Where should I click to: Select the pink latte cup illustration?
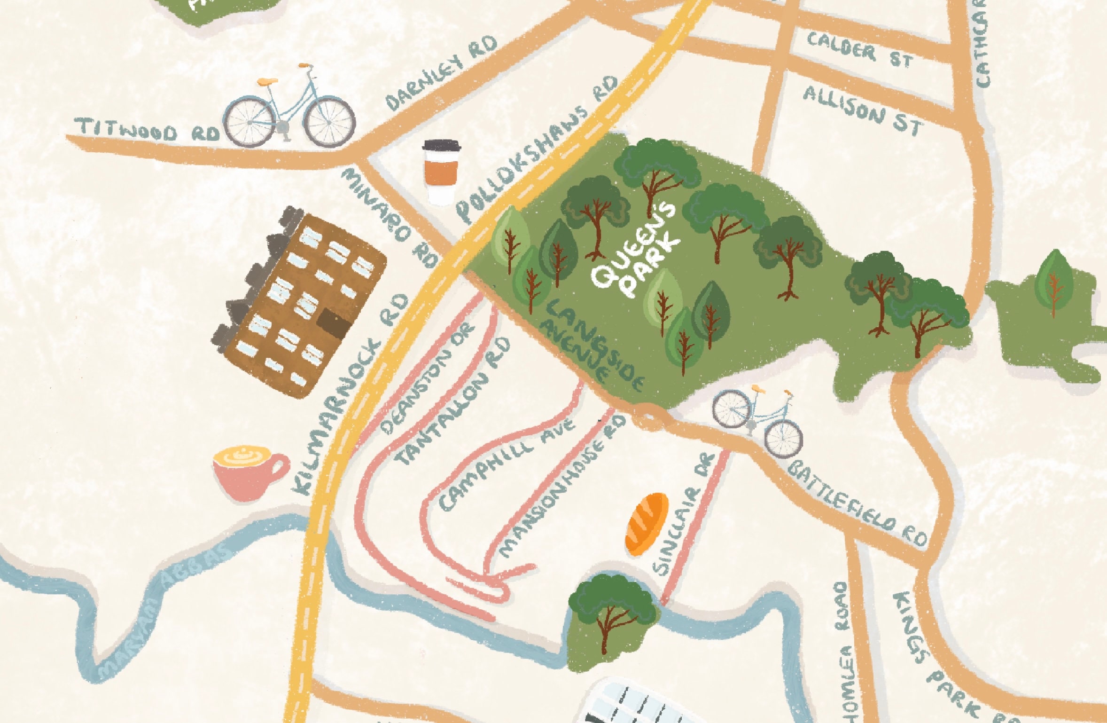coord(249,472)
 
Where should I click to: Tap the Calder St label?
coord(859,51)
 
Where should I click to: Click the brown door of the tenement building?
coord(334,323)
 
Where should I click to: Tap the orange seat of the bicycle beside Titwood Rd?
coord(267,82)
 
